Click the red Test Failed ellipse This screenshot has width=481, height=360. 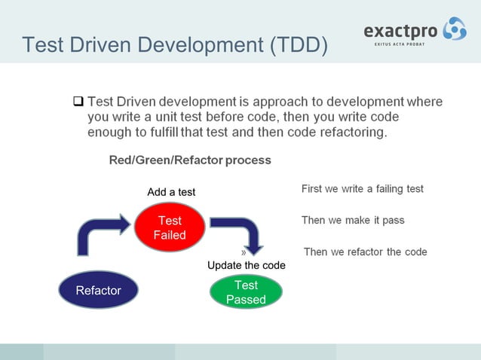click(x=170, y=227)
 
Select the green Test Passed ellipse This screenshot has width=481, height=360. click(x=246, y=292)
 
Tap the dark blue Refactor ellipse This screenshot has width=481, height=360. click(x=98, y=290)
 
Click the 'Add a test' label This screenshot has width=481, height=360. click(x=171, y=192)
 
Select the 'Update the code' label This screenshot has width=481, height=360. click(x=247, y=265)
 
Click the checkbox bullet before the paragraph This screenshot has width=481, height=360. click(x=78, y=101)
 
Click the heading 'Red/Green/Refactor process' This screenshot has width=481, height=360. click(x=190, y=160)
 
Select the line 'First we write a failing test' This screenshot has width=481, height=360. click(x=362, y=189)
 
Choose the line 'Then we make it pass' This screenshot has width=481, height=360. click(x=353, y=220)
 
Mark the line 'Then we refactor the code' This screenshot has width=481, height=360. click(x=365, y=252)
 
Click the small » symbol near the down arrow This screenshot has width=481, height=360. click(x=244, y=252)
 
